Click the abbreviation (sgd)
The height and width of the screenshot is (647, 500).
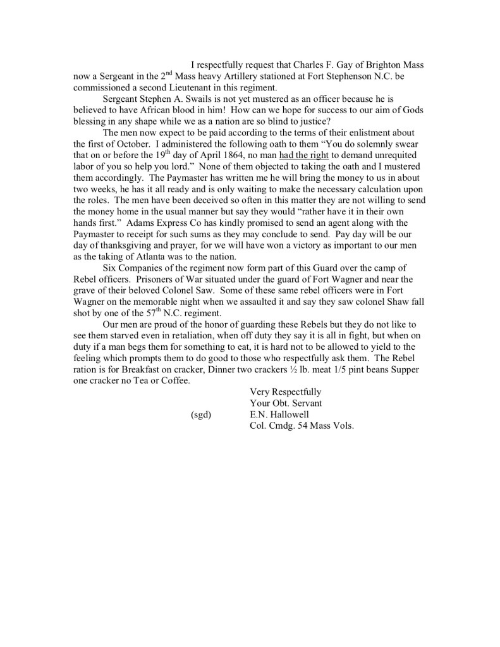coord(200,414)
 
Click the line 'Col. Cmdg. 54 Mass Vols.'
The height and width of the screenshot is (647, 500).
coord(302,426)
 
